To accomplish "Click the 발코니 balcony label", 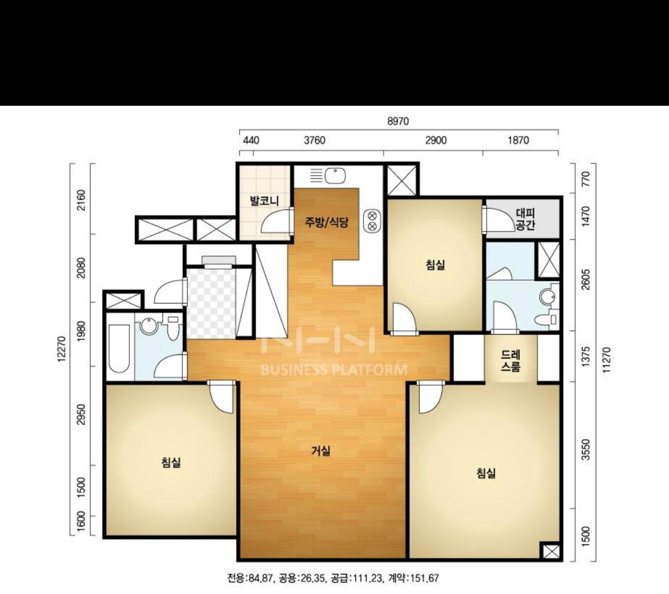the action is [x=265, y=200].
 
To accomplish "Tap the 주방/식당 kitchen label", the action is [x=327, y=222].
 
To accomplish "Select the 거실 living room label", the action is [x=321, y=451].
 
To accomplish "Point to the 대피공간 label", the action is [x=525, y=218].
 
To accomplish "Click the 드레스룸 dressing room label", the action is [x=511, y=360].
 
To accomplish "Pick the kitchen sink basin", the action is [x=335, y=175].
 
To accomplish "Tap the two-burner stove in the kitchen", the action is [x=372, y=220].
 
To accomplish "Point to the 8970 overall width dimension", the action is [x=398, y=121].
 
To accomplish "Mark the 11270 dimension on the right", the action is [x=606, y=359].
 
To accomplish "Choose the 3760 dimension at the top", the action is [x=314, y=141].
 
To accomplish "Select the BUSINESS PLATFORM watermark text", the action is [x=334, y=369].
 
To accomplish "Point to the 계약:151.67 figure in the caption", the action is [x=413, y=579].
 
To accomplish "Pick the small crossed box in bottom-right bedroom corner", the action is [x=551, y=551].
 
